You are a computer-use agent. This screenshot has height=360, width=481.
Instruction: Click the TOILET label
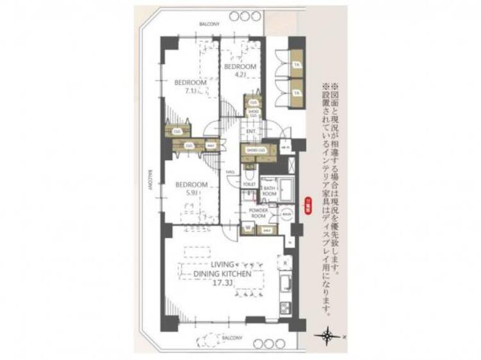pos(249,184)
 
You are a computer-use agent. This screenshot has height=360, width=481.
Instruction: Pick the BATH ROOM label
pos(269,191)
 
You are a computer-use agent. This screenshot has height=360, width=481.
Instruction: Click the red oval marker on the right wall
pos(308,205)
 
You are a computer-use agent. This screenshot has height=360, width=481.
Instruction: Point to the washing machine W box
pos(248,227)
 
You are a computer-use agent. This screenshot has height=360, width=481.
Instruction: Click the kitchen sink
pos(285,284)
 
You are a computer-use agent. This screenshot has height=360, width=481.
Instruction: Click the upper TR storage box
pos(296,65)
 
